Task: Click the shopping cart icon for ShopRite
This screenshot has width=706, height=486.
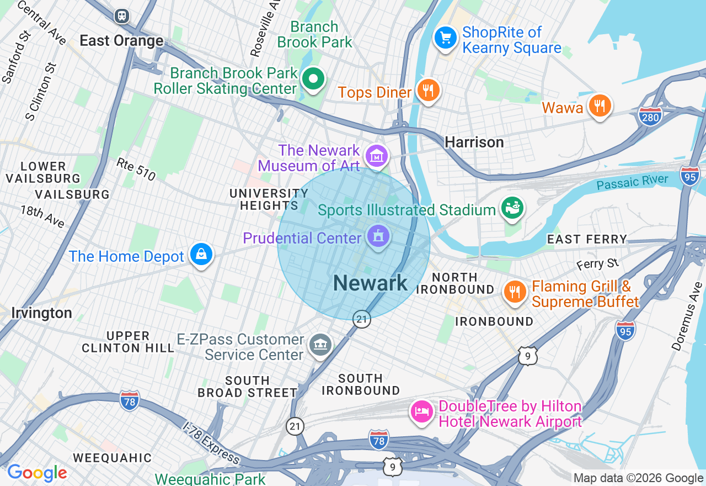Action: click(446, 38)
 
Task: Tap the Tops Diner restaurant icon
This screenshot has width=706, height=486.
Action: click(427, 90)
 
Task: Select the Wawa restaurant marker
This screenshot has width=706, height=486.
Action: click(599, 105)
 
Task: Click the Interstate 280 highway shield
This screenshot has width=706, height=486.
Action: click(650, 117)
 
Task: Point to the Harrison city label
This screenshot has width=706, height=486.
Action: click(474, 142)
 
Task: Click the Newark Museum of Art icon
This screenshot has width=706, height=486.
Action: click(377, 156)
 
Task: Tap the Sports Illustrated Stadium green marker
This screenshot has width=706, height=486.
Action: click(512, 208)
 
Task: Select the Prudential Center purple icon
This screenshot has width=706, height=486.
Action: click(378, 236)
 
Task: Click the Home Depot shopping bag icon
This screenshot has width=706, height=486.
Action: click(201, 255)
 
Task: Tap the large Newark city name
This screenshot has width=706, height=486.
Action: click(370, 283)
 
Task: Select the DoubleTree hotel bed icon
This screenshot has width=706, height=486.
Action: click(422, 412)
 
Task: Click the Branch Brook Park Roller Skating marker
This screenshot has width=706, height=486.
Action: click(313, 79)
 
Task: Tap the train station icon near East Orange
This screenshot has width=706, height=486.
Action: click(122, 16)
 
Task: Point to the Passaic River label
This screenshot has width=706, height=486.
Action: click(632, 182)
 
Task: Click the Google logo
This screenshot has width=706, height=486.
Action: click(37, 473)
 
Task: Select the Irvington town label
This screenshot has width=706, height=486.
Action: click(41, 313)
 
